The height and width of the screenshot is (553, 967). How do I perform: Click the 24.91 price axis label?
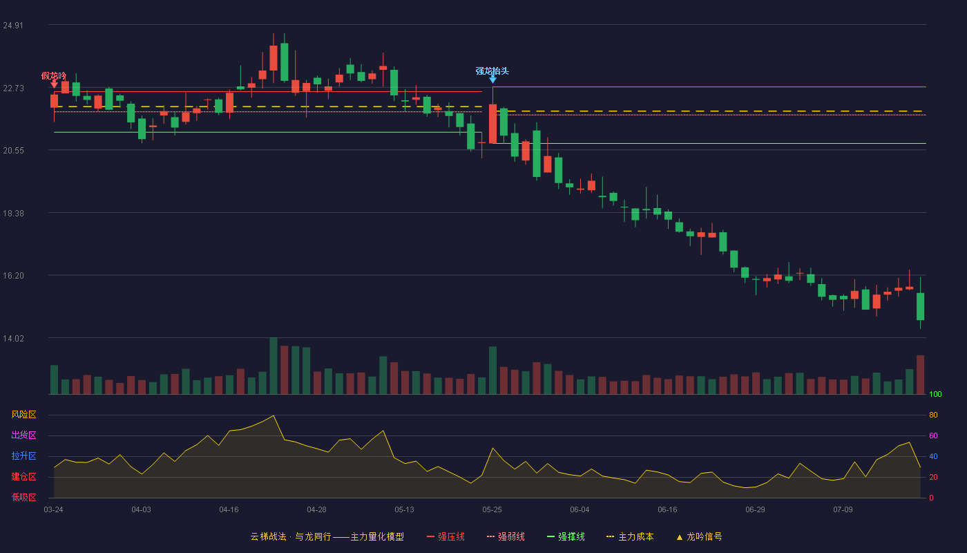click(13, 26)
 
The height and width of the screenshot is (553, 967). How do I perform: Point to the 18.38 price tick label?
click(13, 214)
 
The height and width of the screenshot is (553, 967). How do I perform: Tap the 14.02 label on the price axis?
click(13, 339)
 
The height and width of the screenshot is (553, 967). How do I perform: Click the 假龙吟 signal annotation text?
click(54, 76)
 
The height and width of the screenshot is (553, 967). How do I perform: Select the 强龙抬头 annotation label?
click(492, 71)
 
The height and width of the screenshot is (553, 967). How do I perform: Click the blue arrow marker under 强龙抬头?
click(492, 79)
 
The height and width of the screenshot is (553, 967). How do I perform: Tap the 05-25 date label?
click(492, 510)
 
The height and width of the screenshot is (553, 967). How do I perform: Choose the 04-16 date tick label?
click(229, 510)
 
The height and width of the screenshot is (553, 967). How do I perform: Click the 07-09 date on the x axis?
click(843, 510)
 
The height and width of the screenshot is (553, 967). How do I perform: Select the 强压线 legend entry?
click(446, 536)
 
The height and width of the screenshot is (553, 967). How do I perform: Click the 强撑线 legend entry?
click(566, 536)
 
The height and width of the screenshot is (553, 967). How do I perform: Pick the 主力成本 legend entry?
click(630, 536)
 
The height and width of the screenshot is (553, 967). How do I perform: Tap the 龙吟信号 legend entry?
click(699, 536)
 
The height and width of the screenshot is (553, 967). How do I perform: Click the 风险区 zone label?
click(23, 415)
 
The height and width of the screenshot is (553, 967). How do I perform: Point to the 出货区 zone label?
click(23, 435)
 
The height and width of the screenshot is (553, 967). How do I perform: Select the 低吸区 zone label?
click(23, 497)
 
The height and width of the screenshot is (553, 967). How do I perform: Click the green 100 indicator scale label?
click(935, 394)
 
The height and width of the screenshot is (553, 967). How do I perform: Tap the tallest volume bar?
click(274, 366)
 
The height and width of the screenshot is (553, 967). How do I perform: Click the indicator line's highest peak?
click(274, 415)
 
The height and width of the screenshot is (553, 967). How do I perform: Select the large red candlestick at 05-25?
click(492, 124)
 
